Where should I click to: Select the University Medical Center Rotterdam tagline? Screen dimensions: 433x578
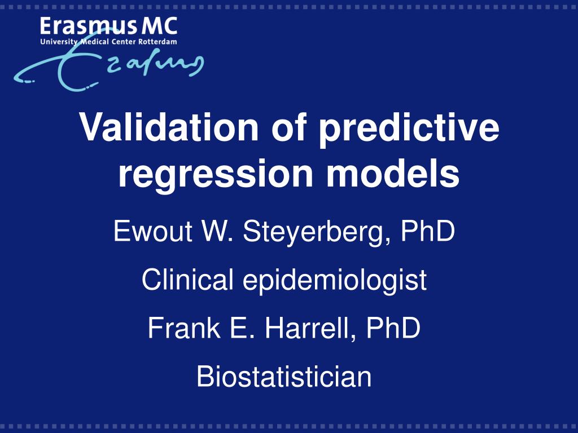point(108,42)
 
